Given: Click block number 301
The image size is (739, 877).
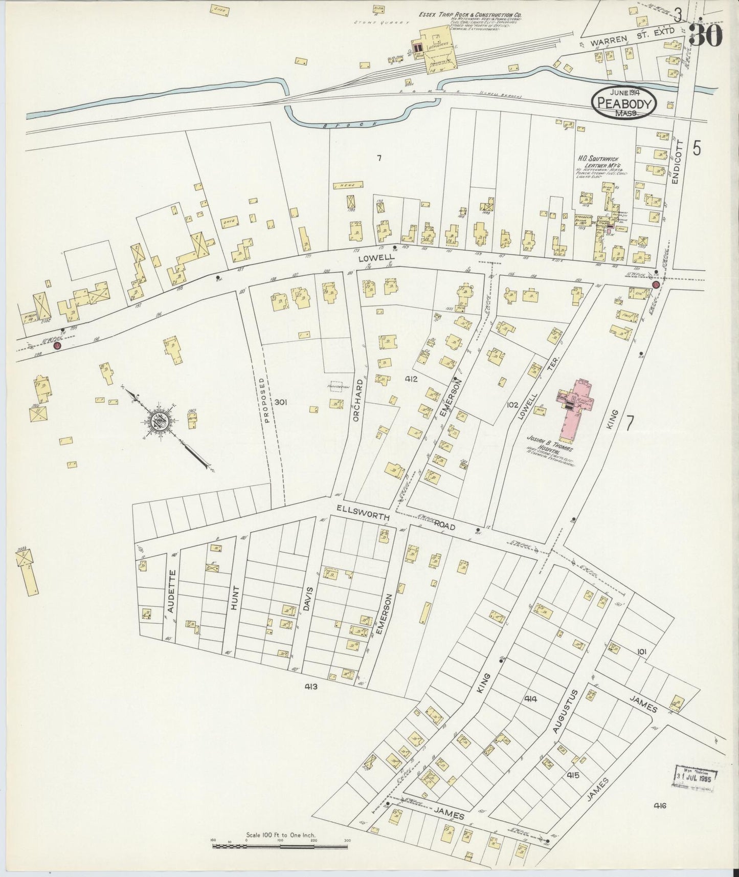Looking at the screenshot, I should tap(280, 402).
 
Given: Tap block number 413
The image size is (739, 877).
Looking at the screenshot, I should tap(311, 686).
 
